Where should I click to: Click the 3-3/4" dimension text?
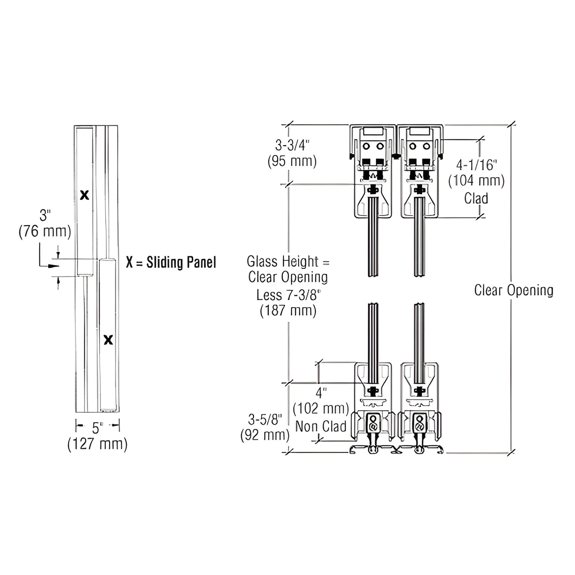coord(292,145)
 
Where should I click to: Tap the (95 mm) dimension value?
coord(292,161)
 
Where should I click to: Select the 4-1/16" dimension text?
coord(477,164)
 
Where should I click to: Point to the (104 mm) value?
coord(476,181)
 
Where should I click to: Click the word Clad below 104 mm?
coord(476,198)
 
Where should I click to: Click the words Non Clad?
coord(321,427)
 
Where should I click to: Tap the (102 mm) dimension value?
coord(321,409)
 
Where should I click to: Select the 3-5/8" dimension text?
coord(265,419)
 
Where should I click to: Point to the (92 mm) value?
coord(265,435)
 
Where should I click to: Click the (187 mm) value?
coord(288,310)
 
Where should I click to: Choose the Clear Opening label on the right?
coord(514,290)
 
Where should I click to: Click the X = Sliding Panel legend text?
coord(171,263)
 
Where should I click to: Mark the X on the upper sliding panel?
coord(84,195)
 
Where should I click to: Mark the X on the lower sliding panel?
coord(108,340)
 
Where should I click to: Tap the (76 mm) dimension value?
coord(45,232)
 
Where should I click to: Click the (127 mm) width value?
coord(97,444)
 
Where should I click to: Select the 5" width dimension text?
coord(97,428)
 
